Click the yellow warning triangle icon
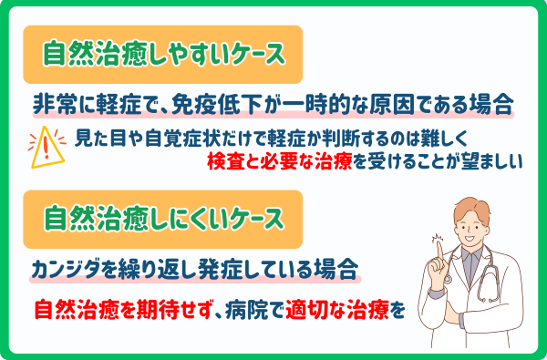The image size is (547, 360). click(x=51, y=149)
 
